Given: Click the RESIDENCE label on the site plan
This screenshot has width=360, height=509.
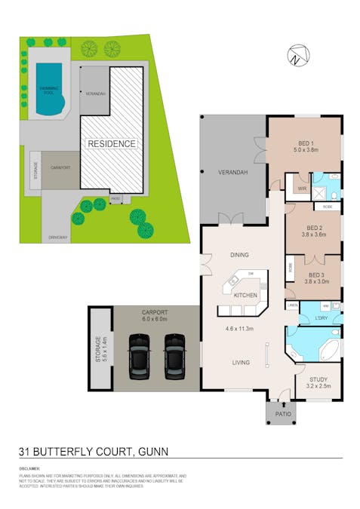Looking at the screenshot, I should [x=112, y=143].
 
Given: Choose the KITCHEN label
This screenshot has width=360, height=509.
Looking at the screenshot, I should [x=246, y=294].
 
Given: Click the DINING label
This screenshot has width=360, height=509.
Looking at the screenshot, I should [x=239, y=255].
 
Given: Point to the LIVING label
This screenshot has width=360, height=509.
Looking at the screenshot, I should [x=241, y=363].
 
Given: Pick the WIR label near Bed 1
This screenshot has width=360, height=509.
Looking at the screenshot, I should [x=301, y=189].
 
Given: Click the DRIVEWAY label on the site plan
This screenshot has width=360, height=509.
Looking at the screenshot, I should [x=58, y=238].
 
